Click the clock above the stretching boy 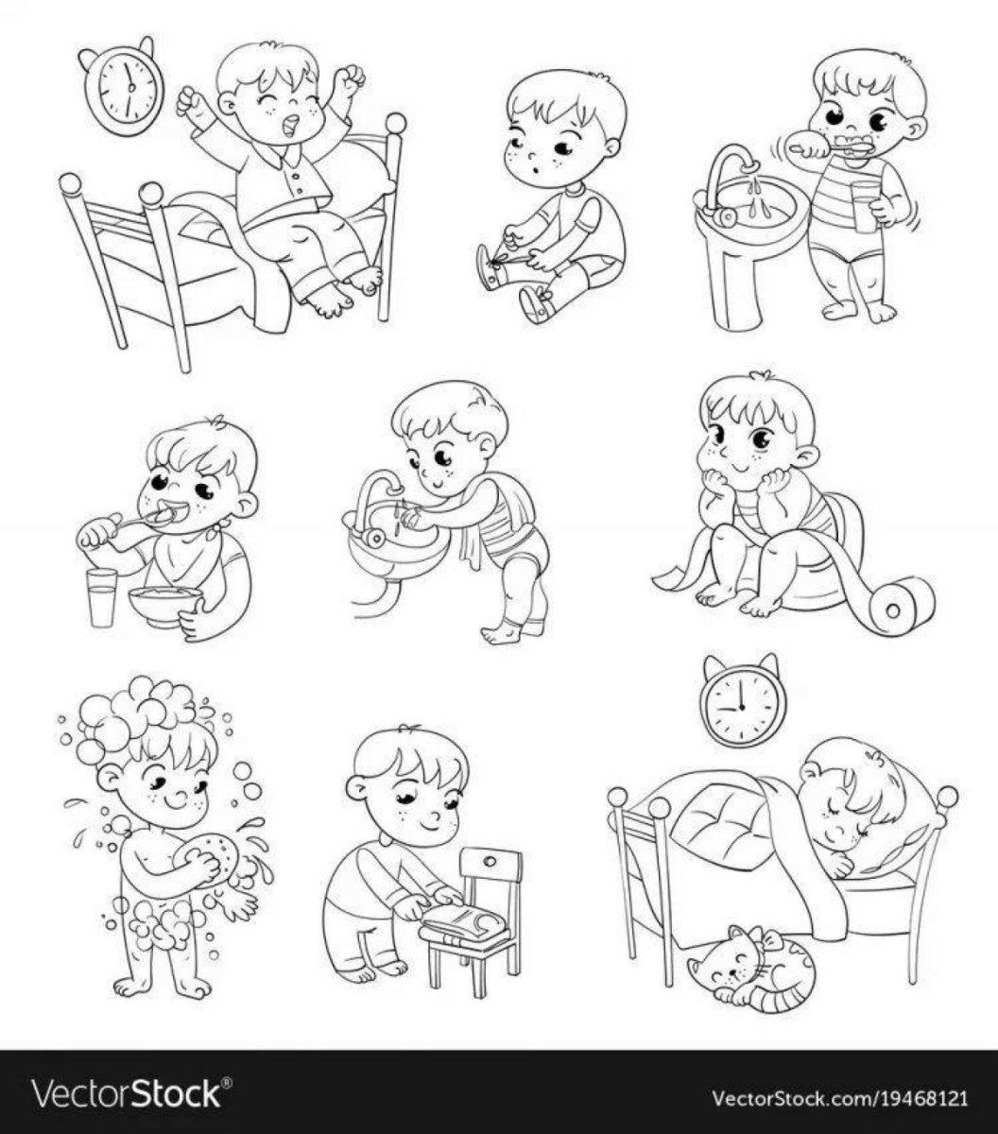pos(123,86)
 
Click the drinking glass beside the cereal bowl pos(102,598)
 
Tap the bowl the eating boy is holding pos(165,608)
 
